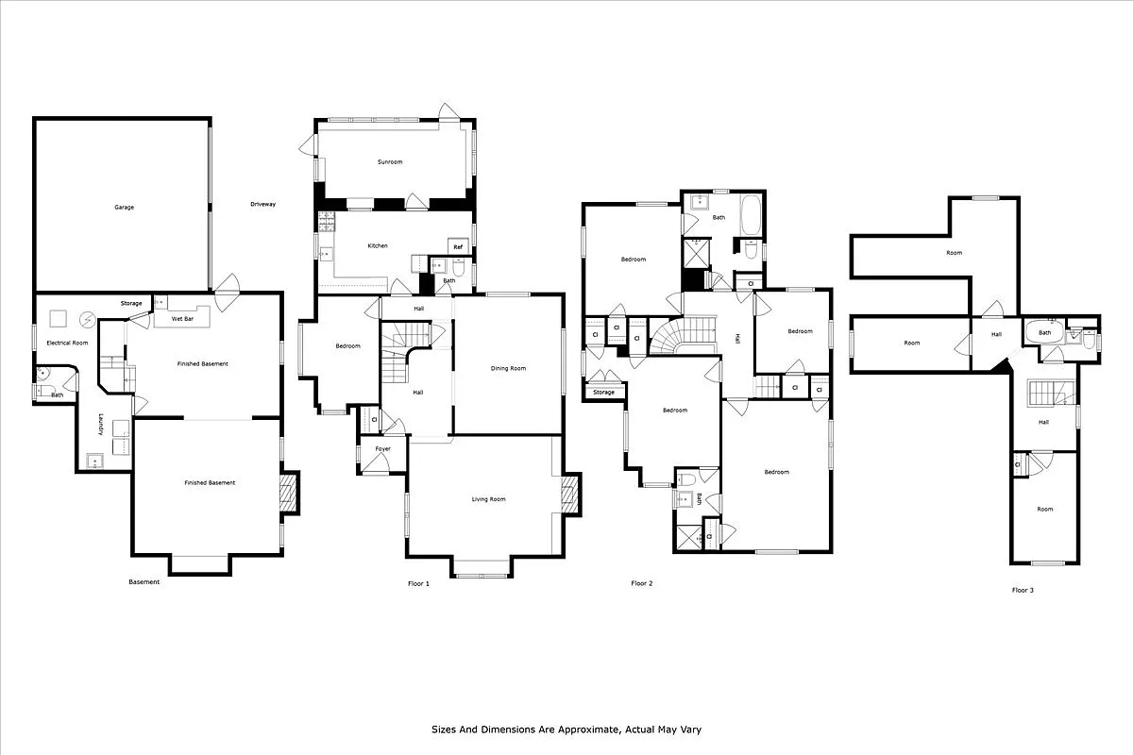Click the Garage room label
[x=124, y=207]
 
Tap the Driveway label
[x=262, y=205]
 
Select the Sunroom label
[x=390, y=162]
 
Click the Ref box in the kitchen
[x=458, y=247]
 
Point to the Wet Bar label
[x=182, y=319]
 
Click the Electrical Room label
[x=67, y=342]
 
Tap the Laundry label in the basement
[x=101, y=427]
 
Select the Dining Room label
[x=508, y=368]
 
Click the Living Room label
[x=489, y=499]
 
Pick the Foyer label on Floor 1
[x=383, y=448]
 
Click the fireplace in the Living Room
[x=569, y=494]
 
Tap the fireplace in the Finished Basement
[x=289, y=491]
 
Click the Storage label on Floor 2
[x=604, y=392]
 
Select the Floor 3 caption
[x=1023, y=590]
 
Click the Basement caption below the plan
[x=144, y=582]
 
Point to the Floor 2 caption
[x=642, y=583]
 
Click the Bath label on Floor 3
[x=1045, y=333]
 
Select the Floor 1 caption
[x=418, y=583]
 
